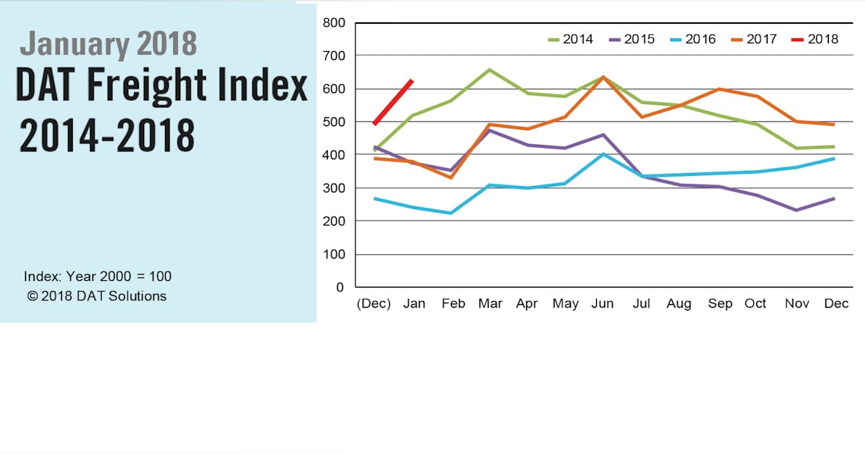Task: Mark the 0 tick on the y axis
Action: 340,288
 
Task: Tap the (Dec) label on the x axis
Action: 373,304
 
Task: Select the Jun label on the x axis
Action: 603,304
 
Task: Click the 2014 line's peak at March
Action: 489,70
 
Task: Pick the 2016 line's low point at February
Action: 451,213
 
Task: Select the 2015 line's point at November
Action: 796,210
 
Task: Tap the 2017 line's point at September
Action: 719,89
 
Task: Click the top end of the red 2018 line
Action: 412,81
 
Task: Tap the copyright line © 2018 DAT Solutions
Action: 97,295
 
